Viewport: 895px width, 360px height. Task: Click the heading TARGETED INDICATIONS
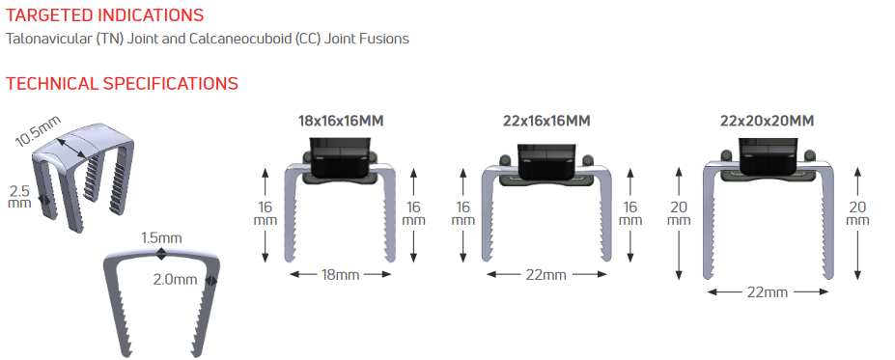click(x=104, y=14)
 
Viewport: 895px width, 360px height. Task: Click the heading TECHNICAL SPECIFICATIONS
click(x=123, y=83)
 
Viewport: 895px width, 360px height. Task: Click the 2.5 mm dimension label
click(x=20, y=196)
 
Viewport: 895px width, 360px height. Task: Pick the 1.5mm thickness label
click(x=161, y=237)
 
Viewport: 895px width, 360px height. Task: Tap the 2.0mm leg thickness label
click(x=175, y=280)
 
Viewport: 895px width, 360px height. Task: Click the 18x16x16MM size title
click(x=340, y=121)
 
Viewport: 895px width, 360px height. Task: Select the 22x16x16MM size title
click(x=546, y=121)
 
